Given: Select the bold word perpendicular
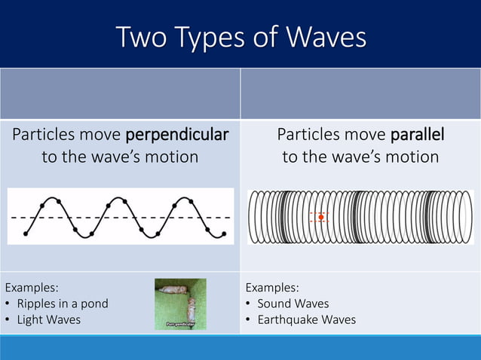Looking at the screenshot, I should tap(176, 135).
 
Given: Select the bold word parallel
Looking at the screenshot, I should tap(417, 135).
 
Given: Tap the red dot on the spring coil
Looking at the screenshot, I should tap(321, 217).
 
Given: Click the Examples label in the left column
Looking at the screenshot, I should tap(32, 287).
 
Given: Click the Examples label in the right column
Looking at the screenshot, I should tap(272, 287).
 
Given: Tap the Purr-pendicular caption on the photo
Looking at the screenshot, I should tap(180, 324).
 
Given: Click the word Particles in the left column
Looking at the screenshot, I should tap(44, 135).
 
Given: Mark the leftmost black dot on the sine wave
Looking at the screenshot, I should tap(26, 233).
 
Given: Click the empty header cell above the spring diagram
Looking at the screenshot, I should tap(360, 94).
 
